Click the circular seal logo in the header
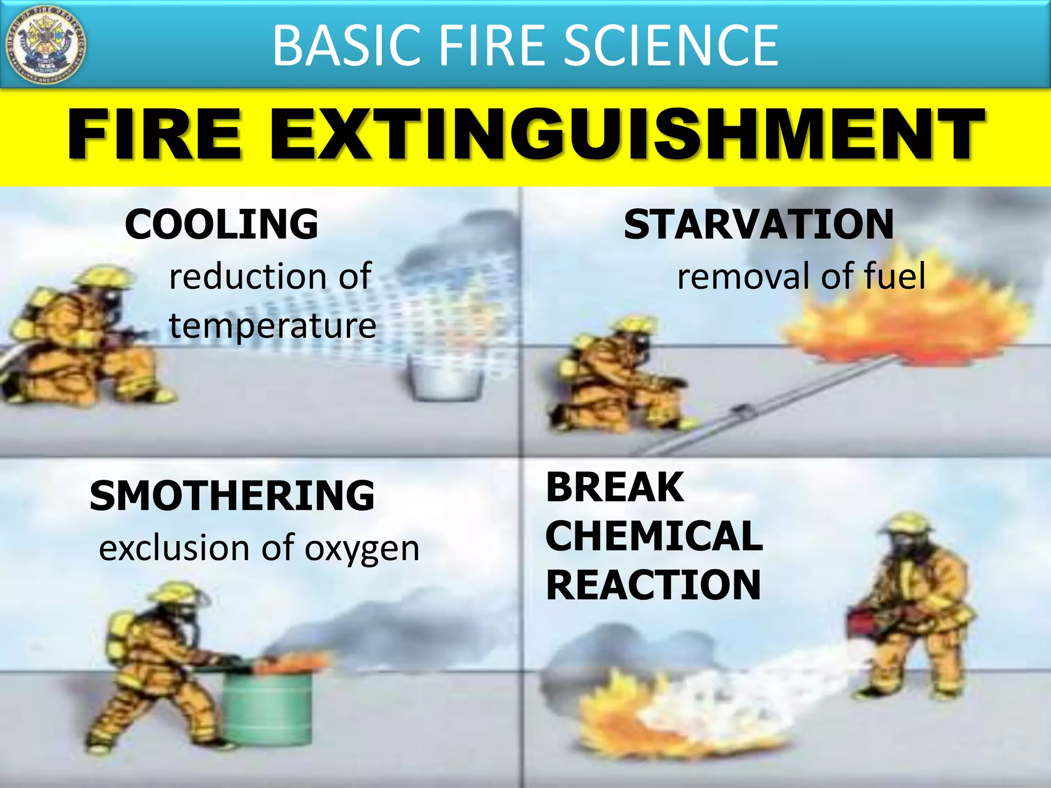click(x=46, y=45)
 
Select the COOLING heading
click(x=221, y=224)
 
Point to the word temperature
click(x=273, y=326)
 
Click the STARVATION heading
click(x=759, y=224)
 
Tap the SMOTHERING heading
click(x=232, y=496)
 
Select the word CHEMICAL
click(x=654, y=536)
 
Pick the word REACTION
click(x=653, y=585)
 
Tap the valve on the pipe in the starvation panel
click(x=743, y=408)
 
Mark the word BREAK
click(x=615, y=487)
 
